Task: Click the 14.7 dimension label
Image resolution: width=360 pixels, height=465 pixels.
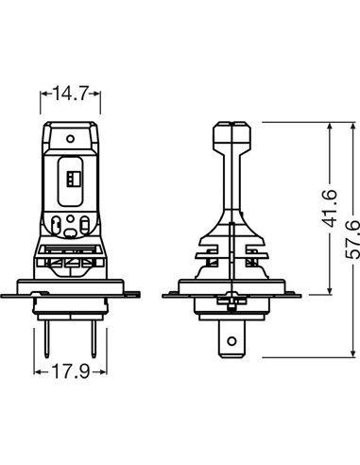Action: [70, 93]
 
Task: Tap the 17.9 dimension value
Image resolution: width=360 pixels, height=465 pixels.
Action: [70, 371]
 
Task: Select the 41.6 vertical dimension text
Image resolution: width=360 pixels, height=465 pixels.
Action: [329, 208]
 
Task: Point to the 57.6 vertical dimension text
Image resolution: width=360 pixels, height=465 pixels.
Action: [352, 239]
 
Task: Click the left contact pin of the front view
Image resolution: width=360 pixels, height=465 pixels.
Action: [47, 339]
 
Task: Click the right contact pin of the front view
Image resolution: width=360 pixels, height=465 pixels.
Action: [94, 339]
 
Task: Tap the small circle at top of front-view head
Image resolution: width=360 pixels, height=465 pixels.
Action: [71, 139]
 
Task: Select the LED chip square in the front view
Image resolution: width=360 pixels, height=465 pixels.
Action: [74, 179]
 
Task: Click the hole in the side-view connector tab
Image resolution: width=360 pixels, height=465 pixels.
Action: [231, 341]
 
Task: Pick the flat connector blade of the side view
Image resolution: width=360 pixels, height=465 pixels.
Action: [231, 338]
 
